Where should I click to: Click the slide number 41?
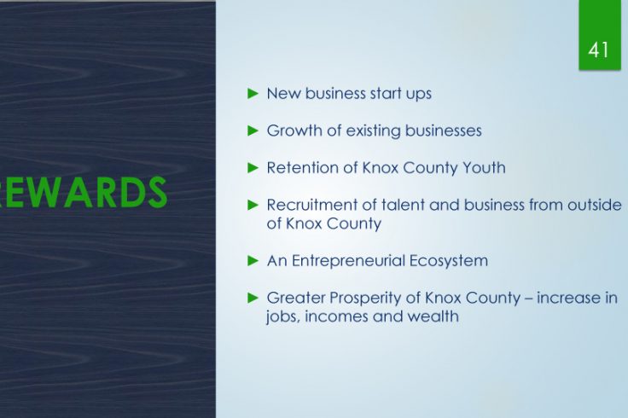(599, 50)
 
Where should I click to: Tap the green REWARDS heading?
(83, 193)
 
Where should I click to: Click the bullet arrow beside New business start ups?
(253, 94)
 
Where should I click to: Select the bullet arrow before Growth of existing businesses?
(253, 131)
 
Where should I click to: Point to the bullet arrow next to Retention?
(253, 168)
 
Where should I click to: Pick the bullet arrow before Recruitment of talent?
(253, 205)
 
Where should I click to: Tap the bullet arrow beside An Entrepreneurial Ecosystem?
(253, 261)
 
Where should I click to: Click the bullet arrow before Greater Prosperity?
(253, 298)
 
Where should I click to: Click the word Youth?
(484, 167)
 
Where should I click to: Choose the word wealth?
(433, 316)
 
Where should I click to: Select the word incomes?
(335, 316)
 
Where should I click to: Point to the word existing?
(373, 131)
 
